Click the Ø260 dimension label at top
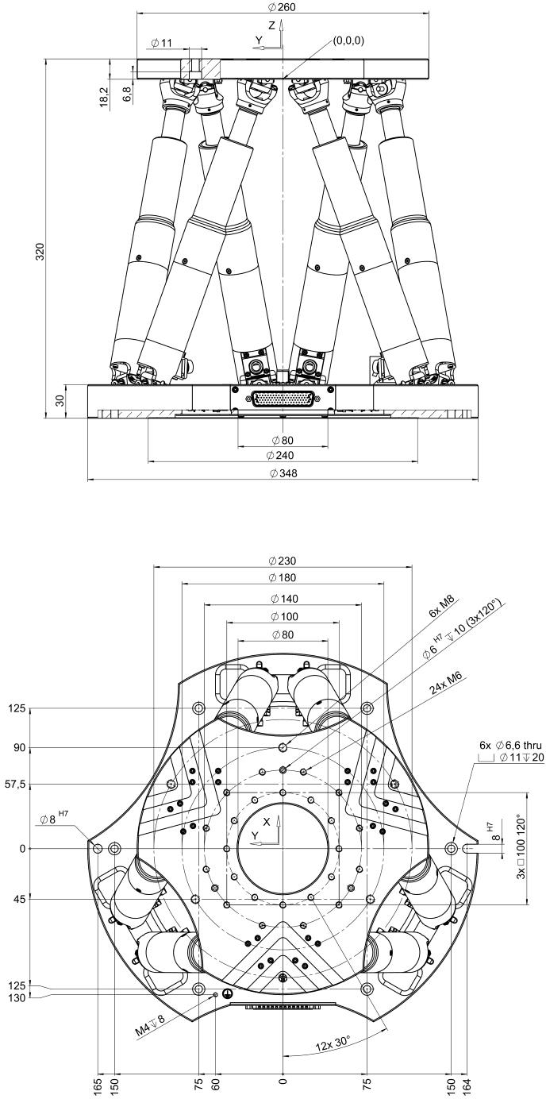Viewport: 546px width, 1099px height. click(283, 7)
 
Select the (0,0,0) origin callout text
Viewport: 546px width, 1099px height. click(348, 40)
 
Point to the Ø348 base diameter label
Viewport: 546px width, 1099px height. click(283, 473)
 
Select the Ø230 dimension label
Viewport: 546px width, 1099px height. click(283, 561)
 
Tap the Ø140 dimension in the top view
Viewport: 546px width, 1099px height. click(284, 599)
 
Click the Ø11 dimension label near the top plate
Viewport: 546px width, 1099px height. click(162, 43)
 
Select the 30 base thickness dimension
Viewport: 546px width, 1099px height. click(60, 401)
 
